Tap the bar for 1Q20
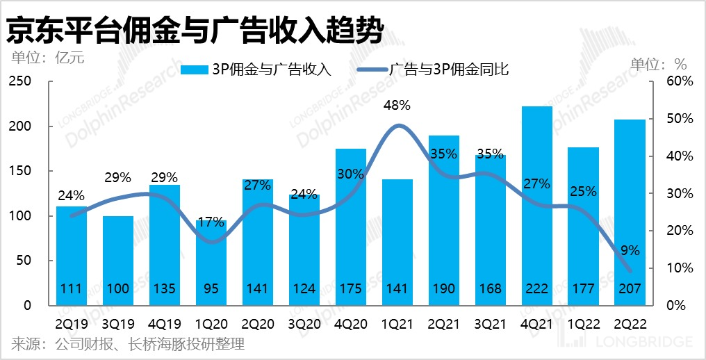tap(211, 264)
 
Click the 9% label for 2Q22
tap(629, 251)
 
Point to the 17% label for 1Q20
tap(211, 224)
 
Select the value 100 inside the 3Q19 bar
tap(118, 288)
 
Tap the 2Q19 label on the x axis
tap(72, 324)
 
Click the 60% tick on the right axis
tap(680, 82)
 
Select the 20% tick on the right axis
tap(680, 231)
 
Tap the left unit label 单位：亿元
tap(48, 58)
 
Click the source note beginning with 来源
tap(128, 344)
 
